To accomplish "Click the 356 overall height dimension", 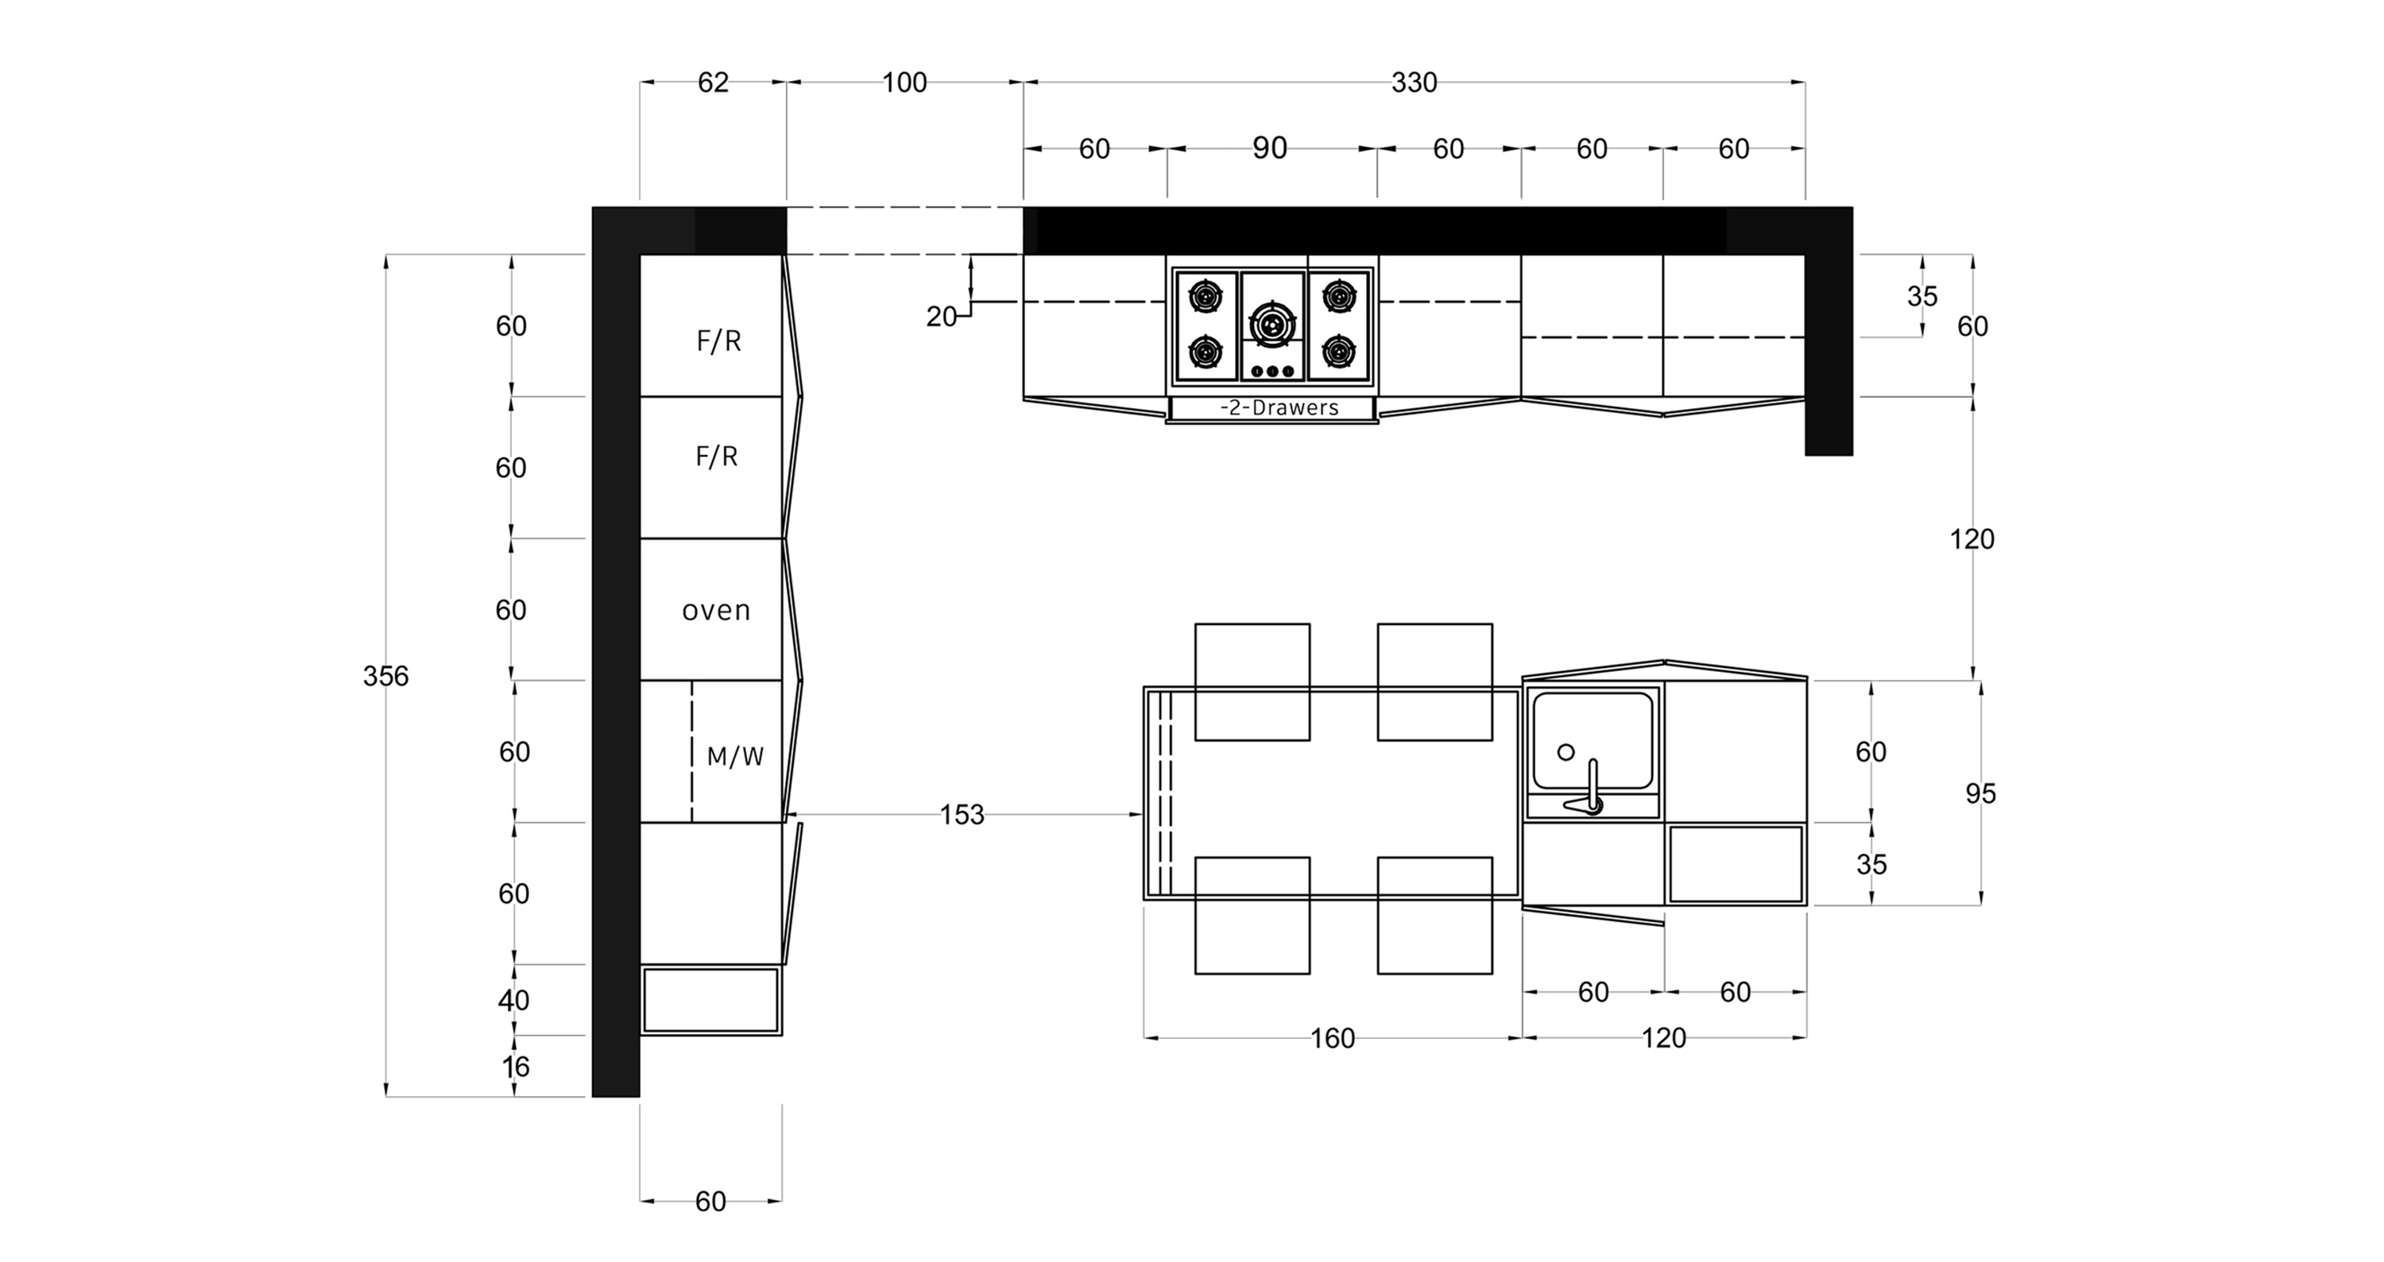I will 385,677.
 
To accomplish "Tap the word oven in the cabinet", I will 715,611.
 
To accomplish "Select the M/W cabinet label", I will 735,757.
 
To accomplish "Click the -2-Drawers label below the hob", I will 1279,407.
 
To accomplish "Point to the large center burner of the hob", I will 1271,324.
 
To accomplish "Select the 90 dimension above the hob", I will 1270,148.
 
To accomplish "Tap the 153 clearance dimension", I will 962,815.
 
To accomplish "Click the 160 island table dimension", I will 1332,1039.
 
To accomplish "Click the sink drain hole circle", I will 1565,752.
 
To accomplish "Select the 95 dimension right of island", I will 1980,794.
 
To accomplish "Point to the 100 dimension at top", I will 904,83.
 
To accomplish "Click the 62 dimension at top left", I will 713,83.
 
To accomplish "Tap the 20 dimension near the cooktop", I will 941,316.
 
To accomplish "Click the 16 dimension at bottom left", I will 516,1067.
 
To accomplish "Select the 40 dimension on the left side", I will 513,1000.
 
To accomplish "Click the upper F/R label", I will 718,342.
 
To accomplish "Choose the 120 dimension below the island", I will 1663,1039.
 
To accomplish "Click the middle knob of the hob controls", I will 1271,371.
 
